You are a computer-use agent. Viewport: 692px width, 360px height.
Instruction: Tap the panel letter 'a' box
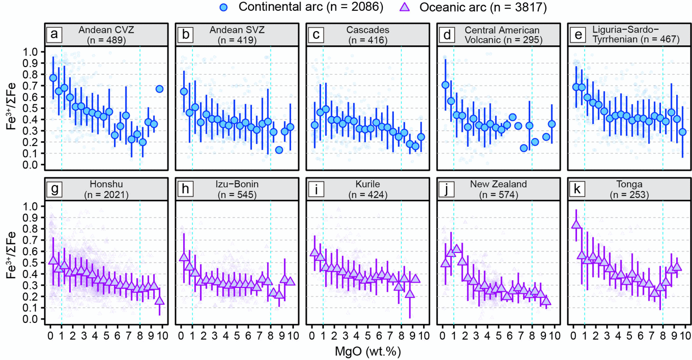[55, 34]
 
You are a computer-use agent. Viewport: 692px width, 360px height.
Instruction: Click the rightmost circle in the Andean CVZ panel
[160, 89]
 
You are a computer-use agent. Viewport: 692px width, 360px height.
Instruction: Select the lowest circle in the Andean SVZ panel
[279, 150]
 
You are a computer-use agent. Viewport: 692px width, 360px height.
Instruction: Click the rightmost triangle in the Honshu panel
[160, 301]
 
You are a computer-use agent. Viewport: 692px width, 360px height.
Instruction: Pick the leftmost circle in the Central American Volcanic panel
[445, 85]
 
